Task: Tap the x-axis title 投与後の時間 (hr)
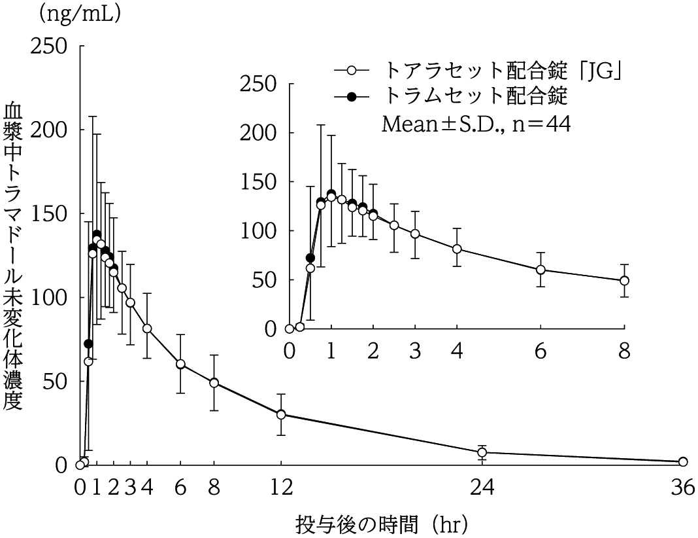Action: point(382,524)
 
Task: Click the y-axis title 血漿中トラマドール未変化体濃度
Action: point(14,256)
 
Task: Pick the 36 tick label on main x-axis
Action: point(682,488)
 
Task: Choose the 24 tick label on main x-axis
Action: point(482,488)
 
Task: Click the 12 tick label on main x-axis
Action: point(281,488)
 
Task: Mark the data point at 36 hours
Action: point(683,461)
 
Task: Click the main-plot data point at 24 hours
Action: point(482,452)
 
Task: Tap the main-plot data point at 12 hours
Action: point(281,414)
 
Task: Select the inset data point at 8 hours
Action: point(624,280)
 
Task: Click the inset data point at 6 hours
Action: point(540,270)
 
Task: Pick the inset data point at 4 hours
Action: point(457,249)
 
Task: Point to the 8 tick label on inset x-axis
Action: point(624,351)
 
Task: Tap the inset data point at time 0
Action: point(290,329)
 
